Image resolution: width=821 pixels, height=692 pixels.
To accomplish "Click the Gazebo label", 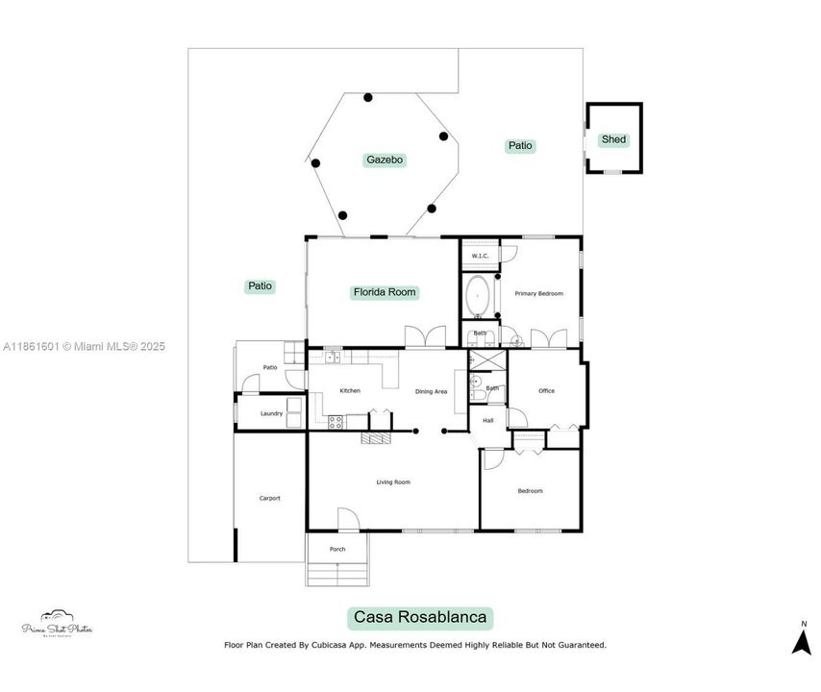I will coord(384,161).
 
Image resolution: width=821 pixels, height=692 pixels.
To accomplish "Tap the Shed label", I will coord(613,139).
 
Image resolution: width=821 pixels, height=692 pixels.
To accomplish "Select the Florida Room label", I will coord(385,292).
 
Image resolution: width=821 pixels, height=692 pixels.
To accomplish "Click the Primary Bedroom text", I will coord(538,293).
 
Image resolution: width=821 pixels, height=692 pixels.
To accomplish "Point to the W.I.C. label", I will coord(480,256).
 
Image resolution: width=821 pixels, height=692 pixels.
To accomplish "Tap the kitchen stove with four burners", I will coord(336,420).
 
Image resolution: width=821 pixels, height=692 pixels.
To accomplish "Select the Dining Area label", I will coord(431,391).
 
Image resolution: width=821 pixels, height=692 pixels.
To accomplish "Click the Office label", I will coord(546,390).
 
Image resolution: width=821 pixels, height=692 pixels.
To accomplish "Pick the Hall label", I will coord(487,420).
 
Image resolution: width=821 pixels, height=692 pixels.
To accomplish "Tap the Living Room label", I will coord(393,482).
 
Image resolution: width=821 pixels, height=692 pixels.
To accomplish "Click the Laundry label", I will coord(271,413).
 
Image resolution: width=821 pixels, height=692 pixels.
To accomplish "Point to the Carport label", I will coord(269,498).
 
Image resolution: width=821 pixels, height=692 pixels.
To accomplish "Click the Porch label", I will coord(337,549).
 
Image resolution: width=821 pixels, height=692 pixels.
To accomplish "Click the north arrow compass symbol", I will coord(801,640).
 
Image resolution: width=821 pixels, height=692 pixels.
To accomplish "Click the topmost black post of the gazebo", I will coord(367,97).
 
